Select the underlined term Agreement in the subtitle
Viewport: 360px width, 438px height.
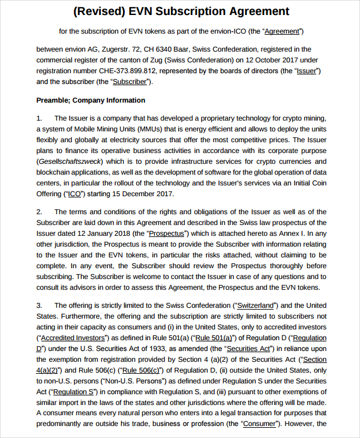(x=283, y=31)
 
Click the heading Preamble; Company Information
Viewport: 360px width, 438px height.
(x=91, y=100)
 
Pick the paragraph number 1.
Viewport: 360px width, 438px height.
(x=40, y=118)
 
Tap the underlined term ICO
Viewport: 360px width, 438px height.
(x=74, y=194)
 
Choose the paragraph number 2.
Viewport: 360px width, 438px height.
(x=40, y=212)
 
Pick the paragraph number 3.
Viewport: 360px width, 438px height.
(x=40, y=305)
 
